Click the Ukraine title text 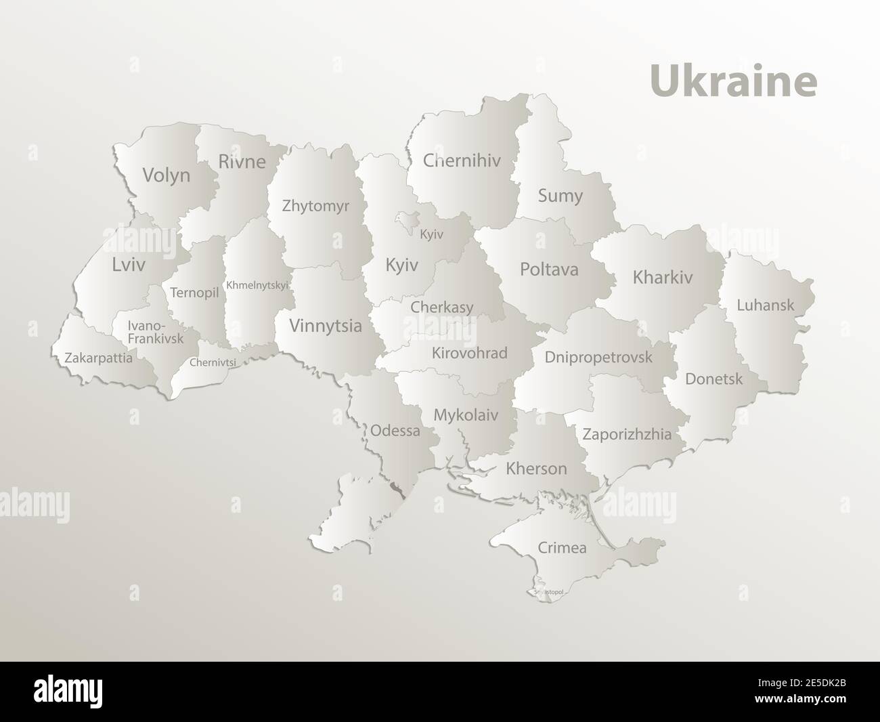point(733,81)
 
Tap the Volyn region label point(166,176)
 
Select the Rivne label point(242,162)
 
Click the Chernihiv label point(462,161)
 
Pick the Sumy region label point(560,196)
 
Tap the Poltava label point(549,269)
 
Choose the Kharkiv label point(663,277)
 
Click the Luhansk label point(765,305)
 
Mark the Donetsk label point(713,379)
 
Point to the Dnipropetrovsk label point(598,356)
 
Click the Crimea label point(562,547)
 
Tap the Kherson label point(536,469)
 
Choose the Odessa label point(395,430)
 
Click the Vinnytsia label point(325,326)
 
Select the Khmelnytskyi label point(257,285)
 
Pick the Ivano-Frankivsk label point(155,332)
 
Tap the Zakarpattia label point(99,358)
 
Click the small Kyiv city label point(431,234)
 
